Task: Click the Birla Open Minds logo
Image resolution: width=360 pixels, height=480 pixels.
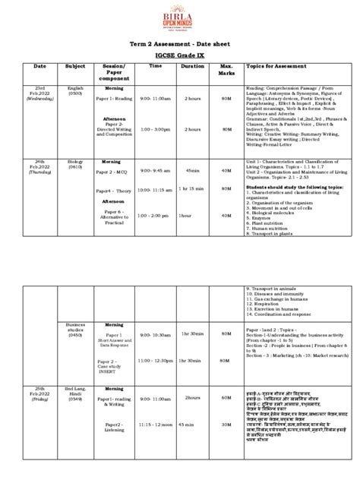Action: coord(180,17)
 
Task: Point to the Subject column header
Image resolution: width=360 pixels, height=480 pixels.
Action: coord(75,66)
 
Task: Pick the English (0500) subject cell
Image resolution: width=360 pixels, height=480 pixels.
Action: coord(75,93)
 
